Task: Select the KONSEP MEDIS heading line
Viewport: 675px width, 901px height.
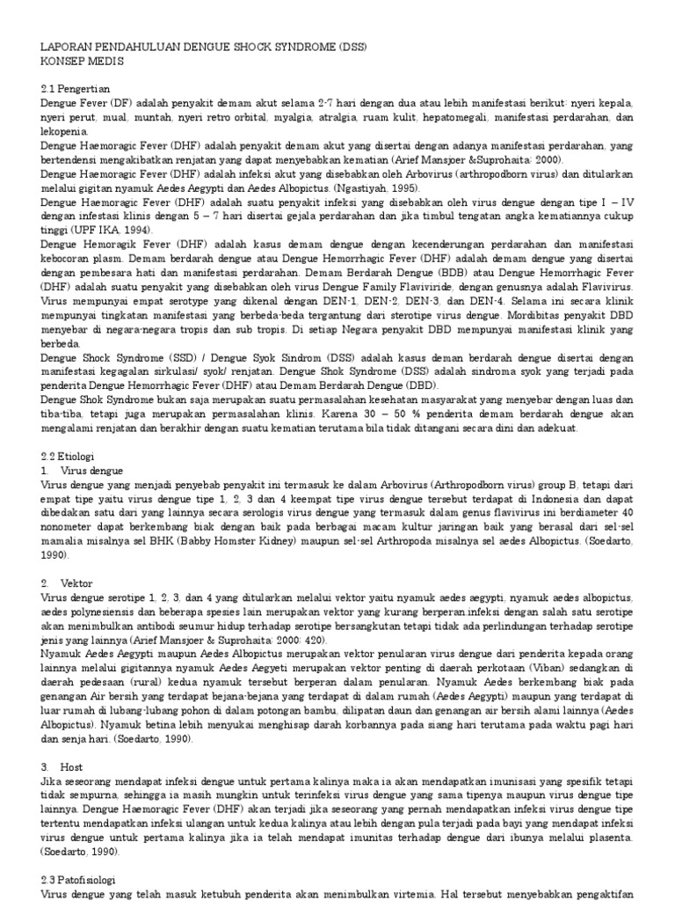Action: click(83, 62)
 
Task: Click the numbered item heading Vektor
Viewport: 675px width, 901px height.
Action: click(76, 583)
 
